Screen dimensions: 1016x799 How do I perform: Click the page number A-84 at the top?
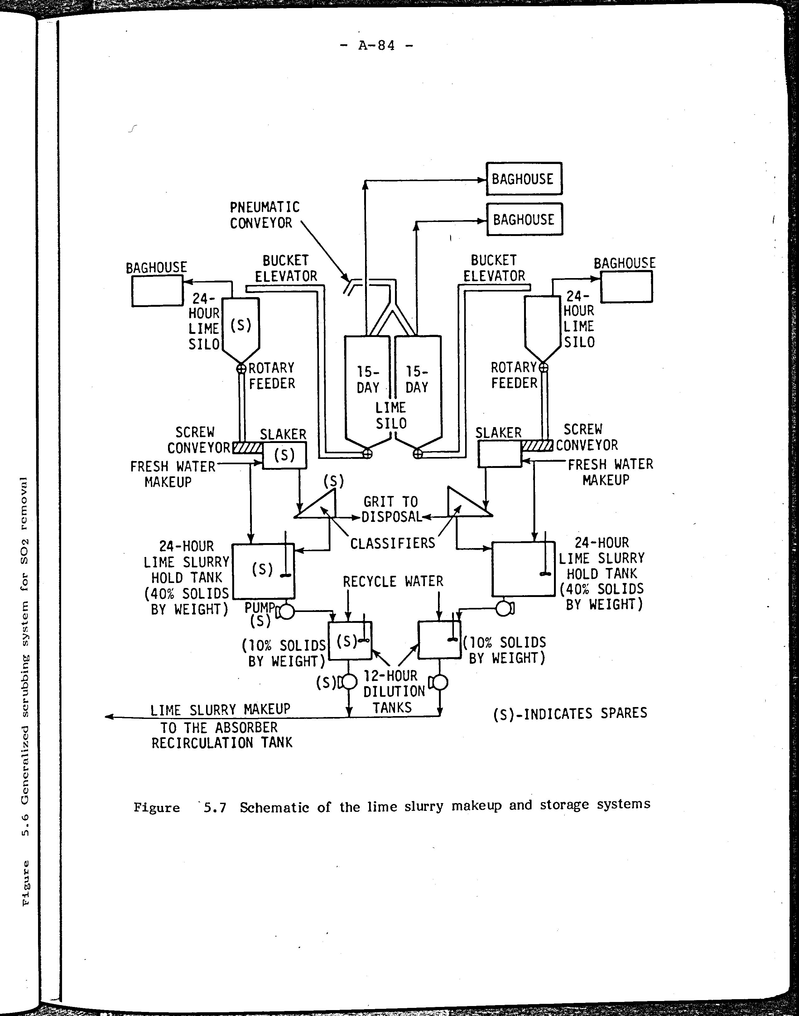pyautogui.click(x=377, y=46)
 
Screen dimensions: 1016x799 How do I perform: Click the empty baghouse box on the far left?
pyautogui.click(x=157, y=291)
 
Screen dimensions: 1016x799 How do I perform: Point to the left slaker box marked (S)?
pyautogui.click(x=284, y=455)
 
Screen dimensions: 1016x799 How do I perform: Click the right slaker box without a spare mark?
pyautogui.click(x=499, y=454)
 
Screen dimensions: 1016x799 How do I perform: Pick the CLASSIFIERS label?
pyautogui.click(x=392, y=544)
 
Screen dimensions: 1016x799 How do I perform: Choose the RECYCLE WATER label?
pyautogui.click(x=392, y=581)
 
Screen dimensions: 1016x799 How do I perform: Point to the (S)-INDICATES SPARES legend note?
pyautogui.click(x=570, y=713)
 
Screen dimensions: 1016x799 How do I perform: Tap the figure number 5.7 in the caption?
pyautogui.click(x=215, y=808)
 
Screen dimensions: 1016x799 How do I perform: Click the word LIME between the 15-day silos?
pyautogui.click(x=391, y=407)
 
